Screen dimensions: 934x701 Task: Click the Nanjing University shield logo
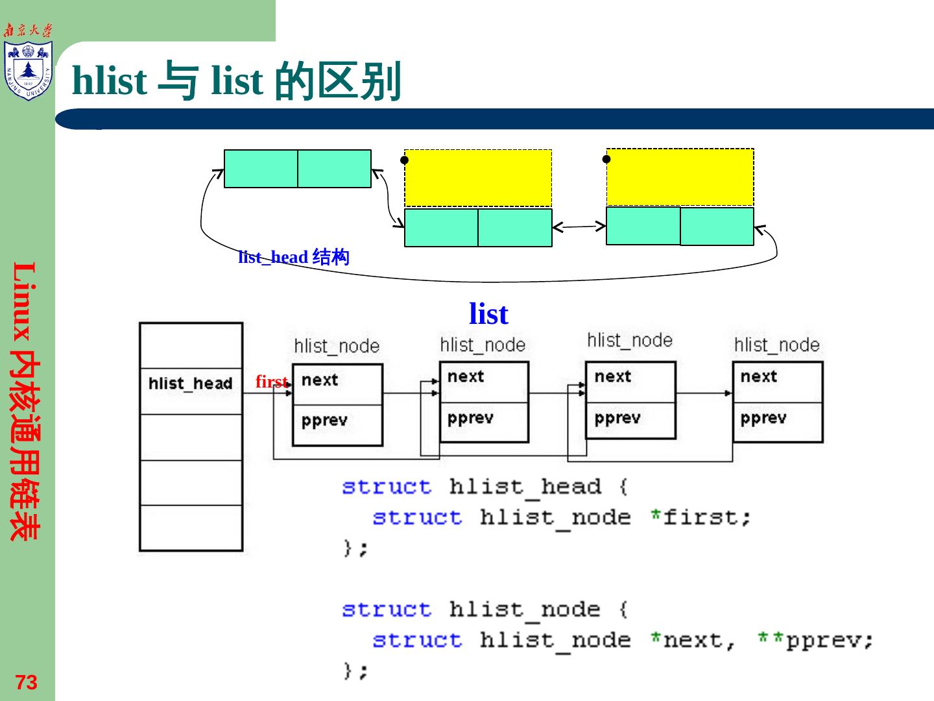tap(28, 70)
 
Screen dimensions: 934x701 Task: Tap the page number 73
tap(27, 682)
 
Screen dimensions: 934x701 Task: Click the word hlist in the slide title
tap(110, 80)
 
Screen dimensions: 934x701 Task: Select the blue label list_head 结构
tap(294, 257)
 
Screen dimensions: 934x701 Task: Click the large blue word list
tap(488, 314)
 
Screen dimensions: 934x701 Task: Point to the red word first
tap(272, 382)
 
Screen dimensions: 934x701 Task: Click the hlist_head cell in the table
tap(191, 391)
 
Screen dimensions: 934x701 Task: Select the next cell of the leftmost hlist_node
tap(337, 384)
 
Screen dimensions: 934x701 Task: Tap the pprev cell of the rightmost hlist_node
tap(778, 422)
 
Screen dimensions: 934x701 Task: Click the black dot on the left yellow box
tap(404, 160)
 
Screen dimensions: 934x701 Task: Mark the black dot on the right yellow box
tap(606, 159)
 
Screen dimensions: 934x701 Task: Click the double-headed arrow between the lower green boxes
tap(579, 227)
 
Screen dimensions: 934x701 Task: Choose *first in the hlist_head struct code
tap(700, 517)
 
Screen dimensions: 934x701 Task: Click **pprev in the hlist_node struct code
tap(815, 641)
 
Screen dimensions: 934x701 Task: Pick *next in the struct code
tap(693, 640)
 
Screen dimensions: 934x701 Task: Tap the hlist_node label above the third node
tap(630, 341)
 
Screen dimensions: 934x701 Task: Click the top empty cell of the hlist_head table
tap(191, 346)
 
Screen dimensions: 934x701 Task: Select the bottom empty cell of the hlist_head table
tap(191, 528)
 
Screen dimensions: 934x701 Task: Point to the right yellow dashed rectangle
tap(680, 177)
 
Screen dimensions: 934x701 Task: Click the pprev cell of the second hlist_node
tap(485, 422)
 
